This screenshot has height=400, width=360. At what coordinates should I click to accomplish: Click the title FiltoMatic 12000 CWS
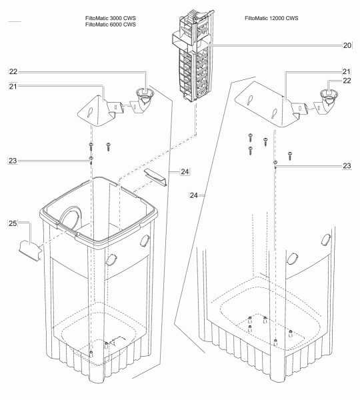pos(271,18)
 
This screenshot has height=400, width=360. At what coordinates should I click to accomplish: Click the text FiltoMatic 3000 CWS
pos(111,18)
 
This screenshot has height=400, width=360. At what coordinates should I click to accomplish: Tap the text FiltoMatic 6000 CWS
pos(111,25)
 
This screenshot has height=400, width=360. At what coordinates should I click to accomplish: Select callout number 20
pos(347,45)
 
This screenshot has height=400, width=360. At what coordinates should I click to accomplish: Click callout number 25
pos(13,223)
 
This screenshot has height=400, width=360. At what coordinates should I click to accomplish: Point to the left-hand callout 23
pos(13,161)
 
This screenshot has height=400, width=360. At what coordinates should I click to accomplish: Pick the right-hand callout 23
pos(347,166)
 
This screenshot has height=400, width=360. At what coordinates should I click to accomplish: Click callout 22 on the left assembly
pos(13,72)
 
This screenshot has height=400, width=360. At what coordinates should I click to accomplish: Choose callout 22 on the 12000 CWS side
pos(347,81)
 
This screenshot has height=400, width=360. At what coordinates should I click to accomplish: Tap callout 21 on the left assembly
pos(13,87)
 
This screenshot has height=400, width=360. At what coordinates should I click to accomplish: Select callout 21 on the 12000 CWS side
pos(346,71)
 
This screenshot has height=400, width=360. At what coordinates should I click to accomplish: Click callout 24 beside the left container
pos(185,172)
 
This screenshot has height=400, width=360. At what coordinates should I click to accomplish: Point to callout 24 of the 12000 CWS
pos(193,195)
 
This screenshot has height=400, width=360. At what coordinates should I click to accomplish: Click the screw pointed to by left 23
pos(91,160)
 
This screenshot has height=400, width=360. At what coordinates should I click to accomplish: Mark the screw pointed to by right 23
pos(275,164)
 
